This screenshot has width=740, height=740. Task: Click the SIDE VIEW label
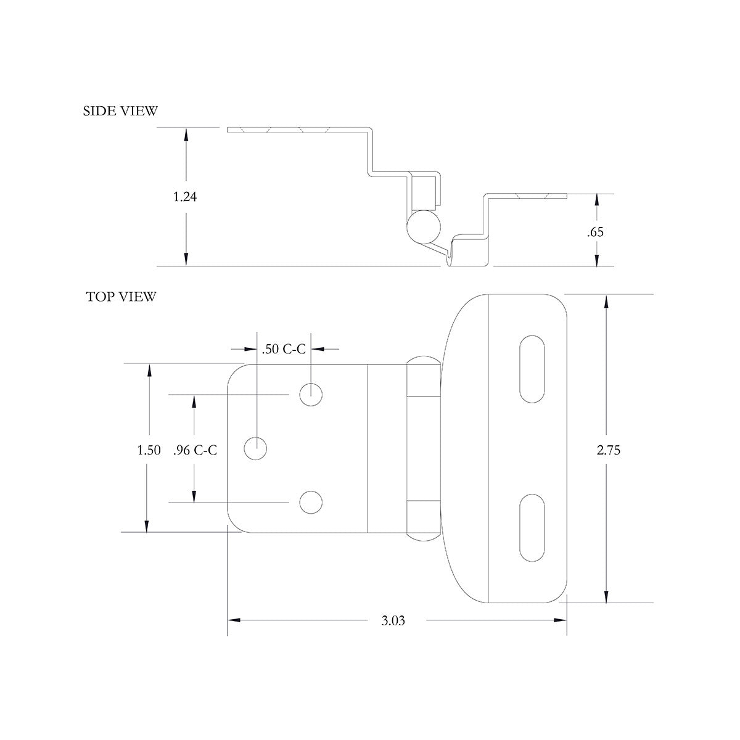[120, 111]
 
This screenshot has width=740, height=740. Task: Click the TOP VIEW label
[121, 297]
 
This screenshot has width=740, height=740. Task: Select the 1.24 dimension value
[185, 197]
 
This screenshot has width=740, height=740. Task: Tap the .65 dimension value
[596, 232]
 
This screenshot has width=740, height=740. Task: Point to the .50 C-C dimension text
[284, 349]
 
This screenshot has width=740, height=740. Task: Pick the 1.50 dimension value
[149, 450]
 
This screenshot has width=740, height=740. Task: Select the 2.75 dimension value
[608, 450]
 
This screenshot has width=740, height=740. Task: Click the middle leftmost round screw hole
[256, 448]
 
